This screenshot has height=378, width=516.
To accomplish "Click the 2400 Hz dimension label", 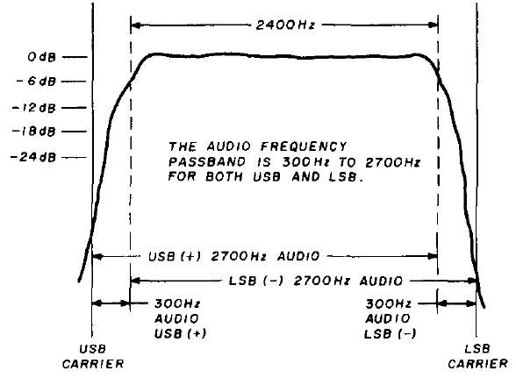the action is (285, 25).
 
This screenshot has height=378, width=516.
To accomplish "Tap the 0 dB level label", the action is (42, 57).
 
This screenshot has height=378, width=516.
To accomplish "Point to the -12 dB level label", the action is (34, 108).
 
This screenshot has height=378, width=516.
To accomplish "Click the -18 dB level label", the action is (34, 132).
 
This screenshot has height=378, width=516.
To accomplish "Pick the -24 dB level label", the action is (33, 157).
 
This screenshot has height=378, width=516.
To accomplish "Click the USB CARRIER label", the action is (93, 356).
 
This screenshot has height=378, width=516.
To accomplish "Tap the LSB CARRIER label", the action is (477, 356).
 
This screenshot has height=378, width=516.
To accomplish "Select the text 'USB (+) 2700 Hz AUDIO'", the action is (234, 256).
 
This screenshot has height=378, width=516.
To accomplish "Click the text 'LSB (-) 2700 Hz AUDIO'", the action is (316, 281).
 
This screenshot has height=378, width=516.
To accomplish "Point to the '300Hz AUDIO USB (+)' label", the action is (181, 318).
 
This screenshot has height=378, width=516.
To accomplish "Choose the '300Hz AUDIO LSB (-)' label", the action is (390, 318).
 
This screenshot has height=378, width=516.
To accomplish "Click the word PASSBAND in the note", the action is (207, 162).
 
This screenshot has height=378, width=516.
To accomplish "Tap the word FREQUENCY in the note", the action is (304, 146).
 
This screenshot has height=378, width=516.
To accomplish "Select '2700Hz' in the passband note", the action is (393, 162).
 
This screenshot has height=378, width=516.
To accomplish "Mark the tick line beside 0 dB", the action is (75, 57).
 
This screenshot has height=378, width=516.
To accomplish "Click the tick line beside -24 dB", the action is (74, 157).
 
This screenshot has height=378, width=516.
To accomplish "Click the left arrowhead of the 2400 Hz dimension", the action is (135, 25).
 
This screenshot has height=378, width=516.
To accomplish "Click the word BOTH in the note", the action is (224, 177).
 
